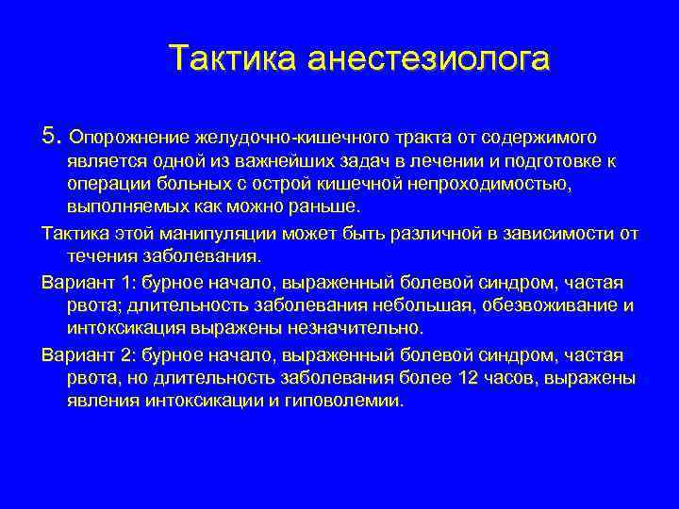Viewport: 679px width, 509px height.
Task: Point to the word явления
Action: click(104, 401)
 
